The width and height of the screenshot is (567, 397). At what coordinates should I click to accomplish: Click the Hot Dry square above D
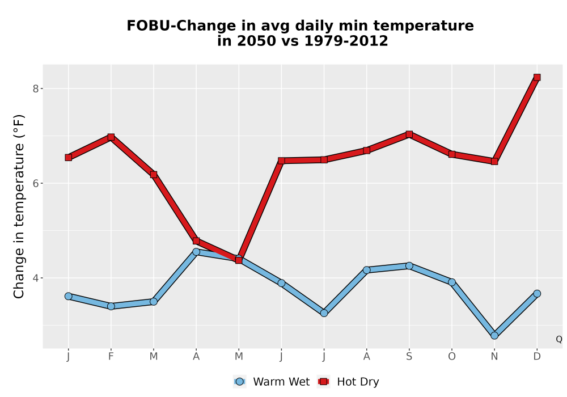coord(537,77)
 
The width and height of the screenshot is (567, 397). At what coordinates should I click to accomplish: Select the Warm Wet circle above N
coord(494,336)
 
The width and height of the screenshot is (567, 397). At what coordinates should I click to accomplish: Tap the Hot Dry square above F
coord(111,137)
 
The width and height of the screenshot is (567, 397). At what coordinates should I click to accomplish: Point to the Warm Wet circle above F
coord(111,306)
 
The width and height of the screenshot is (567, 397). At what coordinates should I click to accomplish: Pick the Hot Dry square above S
coord(409,134)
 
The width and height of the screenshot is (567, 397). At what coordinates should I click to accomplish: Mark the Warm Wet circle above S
coord(409,266)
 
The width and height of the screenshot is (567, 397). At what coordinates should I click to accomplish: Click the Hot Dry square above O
coord(452,154)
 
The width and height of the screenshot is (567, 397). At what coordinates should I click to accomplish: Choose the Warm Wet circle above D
coord(537,294)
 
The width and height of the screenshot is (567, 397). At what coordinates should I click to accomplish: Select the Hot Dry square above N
coord(494,161)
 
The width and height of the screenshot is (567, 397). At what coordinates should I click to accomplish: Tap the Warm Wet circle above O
coord(452,282)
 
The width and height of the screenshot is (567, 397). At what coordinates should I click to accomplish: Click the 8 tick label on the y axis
coord(35,88)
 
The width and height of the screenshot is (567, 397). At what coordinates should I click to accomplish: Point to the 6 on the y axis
coord(35,183)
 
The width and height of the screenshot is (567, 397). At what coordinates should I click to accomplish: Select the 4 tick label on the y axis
coord(35,278)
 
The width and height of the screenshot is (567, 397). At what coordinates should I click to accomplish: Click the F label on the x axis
coord(111,357)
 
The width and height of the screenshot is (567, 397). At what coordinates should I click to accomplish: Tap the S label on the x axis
coord(409,357)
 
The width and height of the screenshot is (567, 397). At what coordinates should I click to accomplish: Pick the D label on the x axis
coord(537,357)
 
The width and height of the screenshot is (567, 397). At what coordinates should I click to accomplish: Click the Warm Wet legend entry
coord(272,382)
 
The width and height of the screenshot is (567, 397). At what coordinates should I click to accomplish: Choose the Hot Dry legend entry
coord(348,382)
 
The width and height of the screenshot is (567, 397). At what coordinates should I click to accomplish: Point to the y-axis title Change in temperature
coord(19,206)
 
